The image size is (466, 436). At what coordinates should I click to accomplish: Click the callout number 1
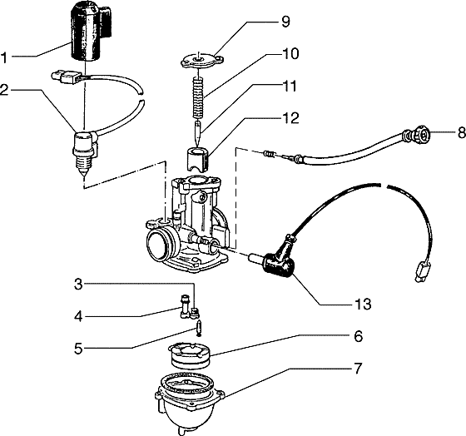tap(3, 57)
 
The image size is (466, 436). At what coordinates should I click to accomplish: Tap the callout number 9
tap(285, 22)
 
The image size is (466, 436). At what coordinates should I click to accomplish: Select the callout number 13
tap(363, 304)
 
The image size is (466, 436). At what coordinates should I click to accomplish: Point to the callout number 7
tap(358, 369)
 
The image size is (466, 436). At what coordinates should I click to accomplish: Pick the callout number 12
tap(290, 118)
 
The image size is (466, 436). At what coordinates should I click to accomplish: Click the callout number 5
tap(78, 349)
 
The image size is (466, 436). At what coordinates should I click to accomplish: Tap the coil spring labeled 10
tap(198, 97)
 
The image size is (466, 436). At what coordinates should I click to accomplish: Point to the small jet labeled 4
tap(185, 306)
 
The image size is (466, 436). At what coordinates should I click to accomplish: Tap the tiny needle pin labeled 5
tap(198, 328)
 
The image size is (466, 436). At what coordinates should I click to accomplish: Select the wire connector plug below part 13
tap(421, 270)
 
